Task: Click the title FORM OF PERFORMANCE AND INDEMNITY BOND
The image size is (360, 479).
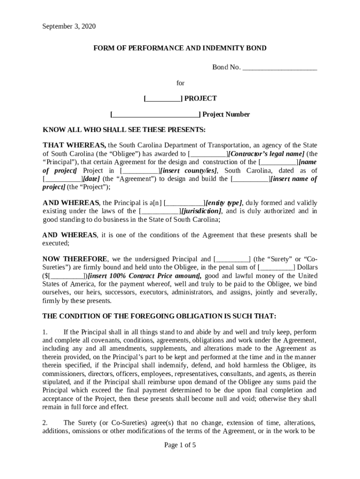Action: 180,48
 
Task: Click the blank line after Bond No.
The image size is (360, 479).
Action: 280,67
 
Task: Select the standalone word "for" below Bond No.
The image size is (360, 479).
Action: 180,83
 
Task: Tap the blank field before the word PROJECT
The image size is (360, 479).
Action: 163,99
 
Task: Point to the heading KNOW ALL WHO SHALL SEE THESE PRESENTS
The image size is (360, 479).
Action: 124,130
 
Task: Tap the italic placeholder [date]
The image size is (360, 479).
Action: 91,179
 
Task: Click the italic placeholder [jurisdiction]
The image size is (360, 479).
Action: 202,211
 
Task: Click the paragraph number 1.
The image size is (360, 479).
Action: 45,332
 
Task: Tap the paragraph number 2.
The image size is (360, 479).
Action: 45,423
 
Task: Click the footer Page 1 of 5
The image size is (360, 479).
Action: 180,445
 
